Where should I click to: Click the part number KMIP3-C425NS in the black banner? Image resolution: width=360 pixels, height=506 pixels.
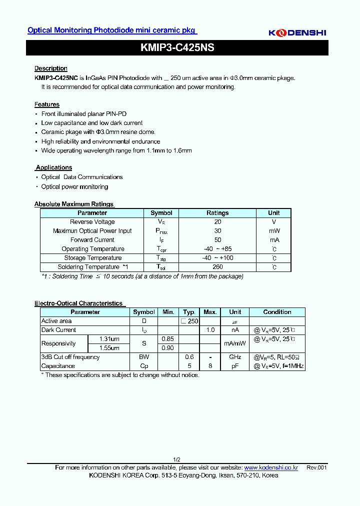pos(177,48)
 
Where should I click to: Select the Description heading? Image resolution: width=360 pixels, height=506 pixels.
pos(51,68)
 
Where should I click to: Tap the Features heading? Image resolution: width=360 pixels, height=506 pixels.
pos(47,104)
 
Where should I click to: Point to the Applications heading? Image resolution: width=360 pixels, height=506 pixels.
pos(54,167)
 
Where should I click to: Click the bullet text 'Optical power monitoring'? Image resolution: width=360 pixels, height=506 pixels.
pos(74,187)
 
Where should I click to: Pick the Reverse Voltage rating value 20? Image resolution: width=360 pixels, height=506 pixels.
pos(217,222)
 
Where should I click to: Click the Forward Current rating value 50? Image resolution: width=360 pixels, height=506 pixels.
pos(217,240)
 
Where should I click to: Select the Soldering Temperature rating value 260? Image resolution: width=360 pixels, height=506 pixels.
pos(217,267)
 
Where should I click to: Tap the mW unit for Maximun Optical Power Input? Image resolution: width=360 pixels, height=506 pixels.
pos(274,231)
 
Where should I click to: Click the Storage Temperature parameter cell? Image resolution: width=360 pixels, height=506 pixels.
pos(93,258)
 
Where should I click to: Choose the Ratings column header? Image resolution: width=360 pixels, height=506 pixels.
pos(217,213)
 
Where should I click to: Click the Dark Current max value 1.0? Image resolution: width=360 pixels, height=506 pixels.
pos(210,330)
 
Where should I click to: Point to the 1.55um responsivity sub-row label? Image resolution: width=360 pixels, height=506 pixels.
pos(108,348)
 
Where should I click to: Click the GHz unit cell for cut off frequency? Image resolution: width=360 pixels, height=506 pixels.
pos(235,357)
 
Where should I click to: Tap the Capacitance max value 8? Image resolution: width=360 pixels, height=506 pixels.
pos(210,366)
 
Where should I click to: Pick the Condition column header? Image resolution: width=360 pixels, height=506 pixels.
pos(277,312)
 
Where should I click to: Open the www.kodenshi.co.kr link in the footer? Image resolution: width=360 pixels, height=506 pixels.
pos(271,467)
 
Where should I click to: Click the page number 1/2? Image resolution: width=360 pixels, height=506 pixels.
pos(176,459)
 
